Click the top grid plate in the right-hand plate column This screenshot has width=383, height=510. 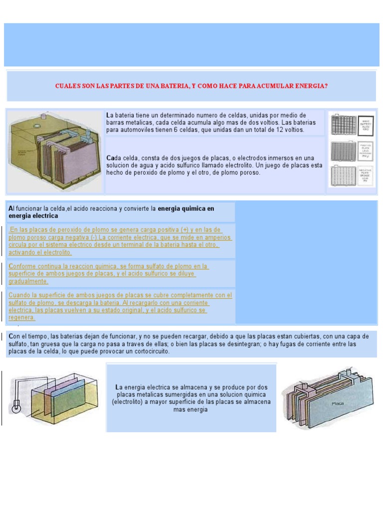coord(344,125)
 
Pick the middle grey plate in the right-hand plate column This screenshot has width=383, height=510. coord(344,151)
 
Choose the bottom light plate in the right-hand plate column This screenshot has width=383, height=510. coord(344,176)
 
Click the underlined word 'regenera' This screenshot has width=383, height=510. coord(21,317)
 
